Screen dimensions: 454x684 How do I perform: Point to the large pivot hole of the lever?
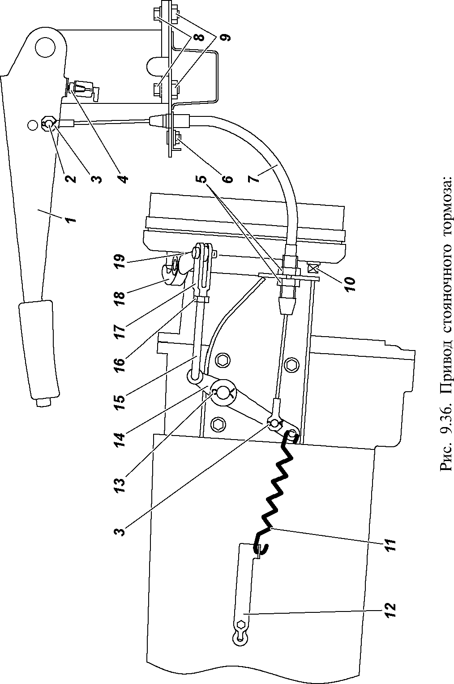tap(45, 47)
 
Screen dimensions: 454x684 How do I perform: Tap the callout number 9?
tap(226, 37)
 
